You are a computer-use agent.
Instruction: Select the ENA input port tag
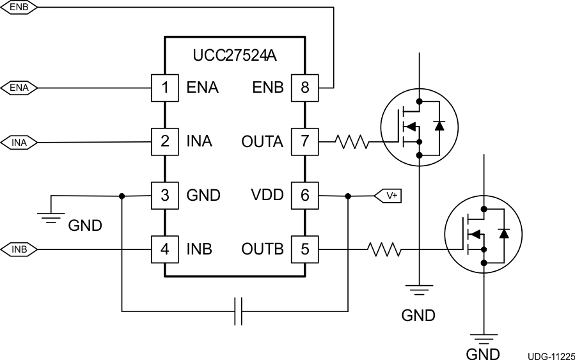(19, 88)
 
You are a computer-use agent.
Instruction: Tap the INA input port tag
(19, 142)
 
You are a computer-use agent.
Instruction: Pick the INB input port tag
(19, 249)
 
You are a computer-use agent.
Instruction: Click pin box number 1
(164, 88)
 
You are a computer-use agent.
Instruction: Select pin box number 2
(164, 141)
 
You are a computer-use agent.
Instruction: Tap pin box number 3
(164, 195)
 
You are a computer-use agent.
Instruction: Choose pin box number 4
(164, 249)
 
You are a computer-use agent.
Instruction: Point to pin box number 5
(304, 249)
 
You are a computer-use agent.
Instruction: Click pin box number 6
(304, 195)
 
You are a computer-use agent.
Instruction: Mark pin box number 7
(304, 141)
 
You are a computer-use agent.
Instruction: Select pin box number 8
(304, 88)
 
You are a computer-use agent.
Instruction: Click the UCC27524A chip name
(234, 56)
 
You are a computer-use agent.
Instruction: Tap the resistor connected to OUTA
(351, 141)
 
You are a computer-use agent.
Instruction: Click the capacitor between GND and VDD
(238, 311)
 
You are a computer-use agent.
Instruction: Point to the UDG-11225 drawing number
(551, 356)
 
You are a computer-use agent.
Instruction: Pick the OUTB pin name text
(262, 249)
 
